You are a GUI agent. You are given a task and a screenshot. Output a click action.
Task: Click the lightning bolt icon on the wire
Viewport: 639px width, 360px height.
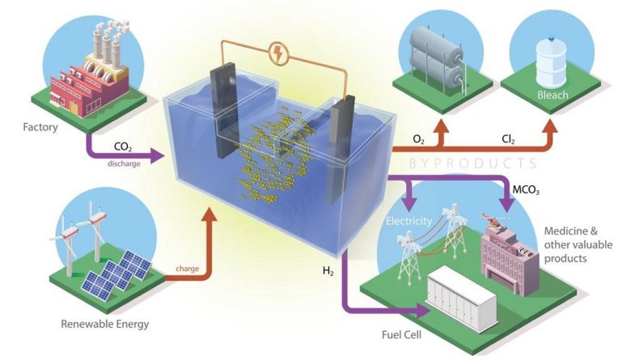click(279, 54)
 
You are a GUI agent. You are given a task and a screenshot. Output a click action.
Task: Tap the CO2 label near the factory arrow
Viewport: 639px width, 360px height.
click(123, 146)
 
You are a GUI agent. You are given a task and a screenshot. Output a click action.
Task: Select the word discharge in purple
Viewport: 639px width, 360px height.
click(124, 163)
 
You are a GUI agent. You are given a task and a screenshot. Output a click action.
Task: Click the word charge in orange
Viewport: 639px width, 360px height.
click(188, 269)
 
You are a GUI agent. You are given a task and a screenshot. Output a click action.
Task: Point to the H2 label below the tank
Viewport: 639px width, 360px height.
click(328, 271)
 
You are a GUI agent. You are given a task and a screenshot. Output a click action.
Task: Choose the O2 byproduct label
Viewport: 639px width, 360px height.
click(418, 140)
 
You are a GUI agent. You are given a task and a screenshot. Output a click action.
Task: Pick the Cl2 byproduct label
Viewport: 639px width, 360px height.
click(508, 140)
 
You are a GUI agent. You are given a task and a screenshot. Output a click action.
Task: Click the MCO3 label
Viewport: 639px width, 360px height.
click(526, 190)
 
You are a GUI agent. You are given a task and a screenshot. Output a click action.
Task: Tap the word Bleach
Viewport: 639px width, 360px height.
click(552, 95)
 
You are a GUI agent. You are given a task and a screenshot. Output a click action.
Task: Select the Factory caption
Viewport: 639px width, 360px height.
click(40, 127)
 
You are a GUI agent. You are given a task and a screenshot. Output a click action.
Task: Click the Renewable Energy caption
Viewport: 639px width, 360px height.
click(104, 324)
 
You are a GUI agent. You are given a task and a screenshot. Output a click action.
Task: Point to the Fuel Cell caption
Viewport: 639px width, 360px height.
click(401, 335)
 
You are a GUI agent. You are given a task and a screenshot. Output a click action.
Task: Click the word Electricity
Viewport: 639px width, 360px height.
click(408, 221)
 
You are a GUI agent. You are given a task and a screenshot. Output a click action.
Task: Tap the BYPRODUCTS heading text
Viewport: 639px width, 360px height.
click(472, 163)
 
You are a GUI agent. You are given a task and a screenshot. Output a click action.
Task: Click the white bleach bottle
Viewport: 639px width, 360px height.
click(551, 62)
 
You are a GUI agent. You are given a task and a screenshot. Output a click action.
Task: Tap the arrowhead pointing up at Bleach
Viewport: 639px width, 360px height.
click(550, 126)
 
